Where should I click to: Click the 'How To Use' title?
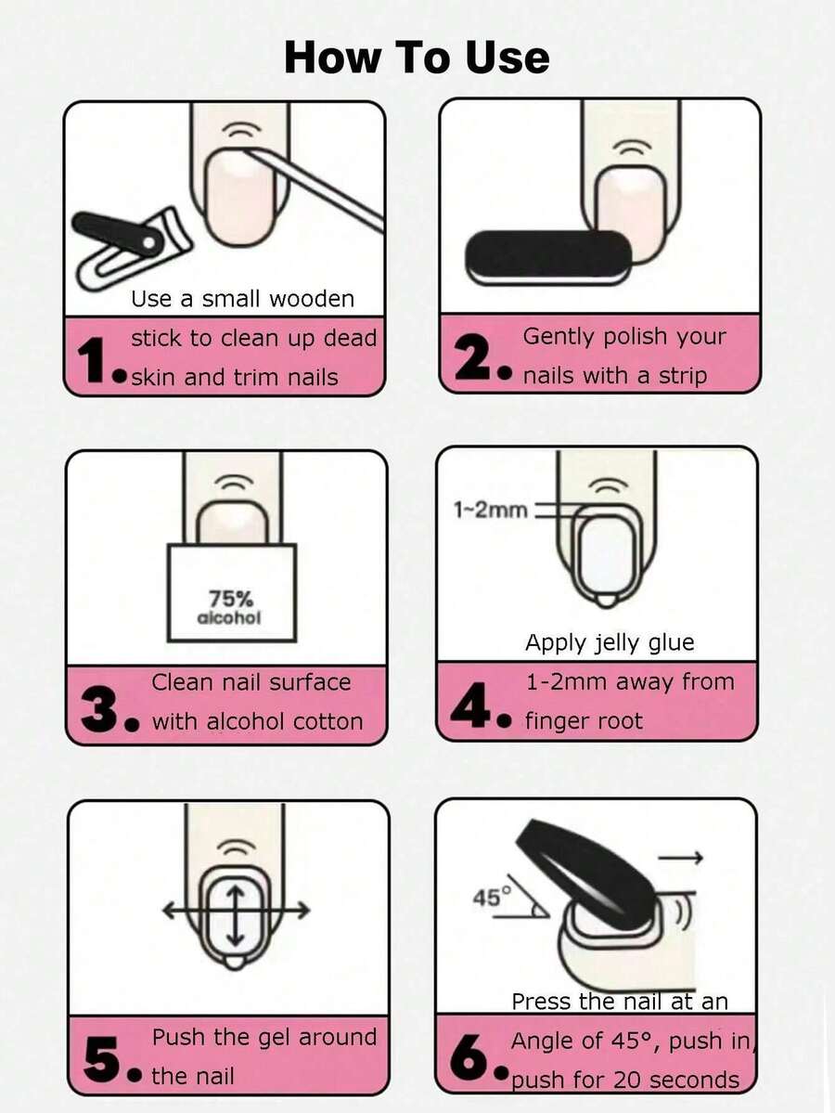click(x=417, y=57)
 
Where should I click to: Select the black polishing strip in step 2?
click(x=547, y=258)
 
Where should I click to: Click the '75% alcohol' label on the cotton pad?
click(x=228, y=608)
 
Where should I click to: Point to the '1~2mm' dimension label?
click(x=490, y=510)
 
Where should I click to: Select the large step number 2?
click(x=475, y=357)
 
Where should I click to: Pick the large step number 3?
click(x=100, y=710)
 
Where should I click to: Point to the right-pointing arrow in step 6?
click(x=680, y=858)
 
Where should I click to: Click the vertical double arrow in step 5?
click(x=237, y=914)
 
